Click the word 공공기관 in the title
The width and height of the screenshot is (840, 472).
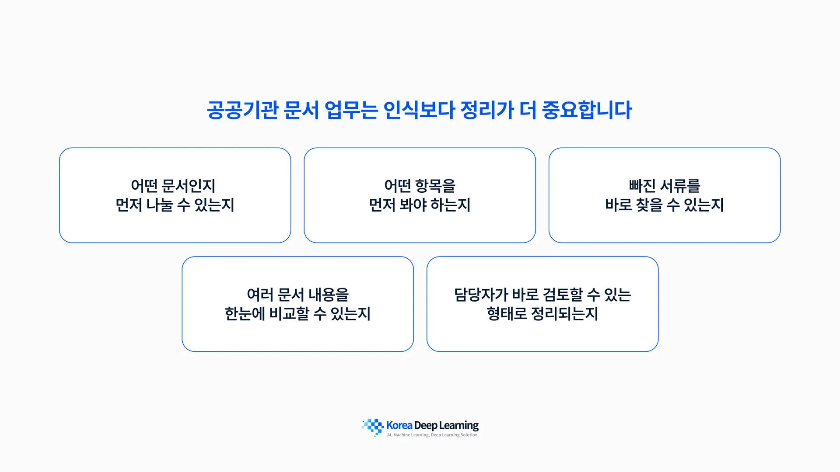[x=242, y=110]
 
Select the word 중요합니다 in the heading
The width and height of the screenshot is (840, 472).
[x=587, y=110]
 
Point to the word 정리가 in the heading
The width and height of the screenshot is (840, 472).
[x=487, y=110]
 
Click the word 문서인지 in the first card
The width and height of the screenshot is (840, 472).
[x=189, y=186]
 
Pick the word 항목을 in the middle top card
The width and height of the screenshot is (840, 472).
[x=435, y=186]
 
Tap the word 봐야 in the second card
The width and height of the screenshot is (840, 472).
[x=413, y=205]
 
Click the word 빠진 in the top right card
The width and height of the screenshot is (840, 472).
[x=642, y=186]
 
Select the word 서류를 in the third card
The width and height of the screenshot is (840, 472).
[x=680, y=186]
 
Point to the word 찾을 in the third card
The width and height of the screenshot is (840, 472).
[x=649, y=205]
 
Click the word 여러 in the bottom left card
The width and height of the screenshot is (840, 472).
[x=260, y=295]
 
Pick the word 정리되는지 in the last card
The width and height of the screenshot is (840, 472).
[x=564, y=314]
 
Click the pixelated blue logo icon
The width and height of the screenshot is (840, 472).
[x=373, y=427]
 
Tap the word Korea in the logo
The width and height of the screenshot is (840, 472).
[x=399, y=425]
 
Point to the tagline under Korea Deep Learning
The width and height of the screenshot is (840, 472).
[x=432, y=435]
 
